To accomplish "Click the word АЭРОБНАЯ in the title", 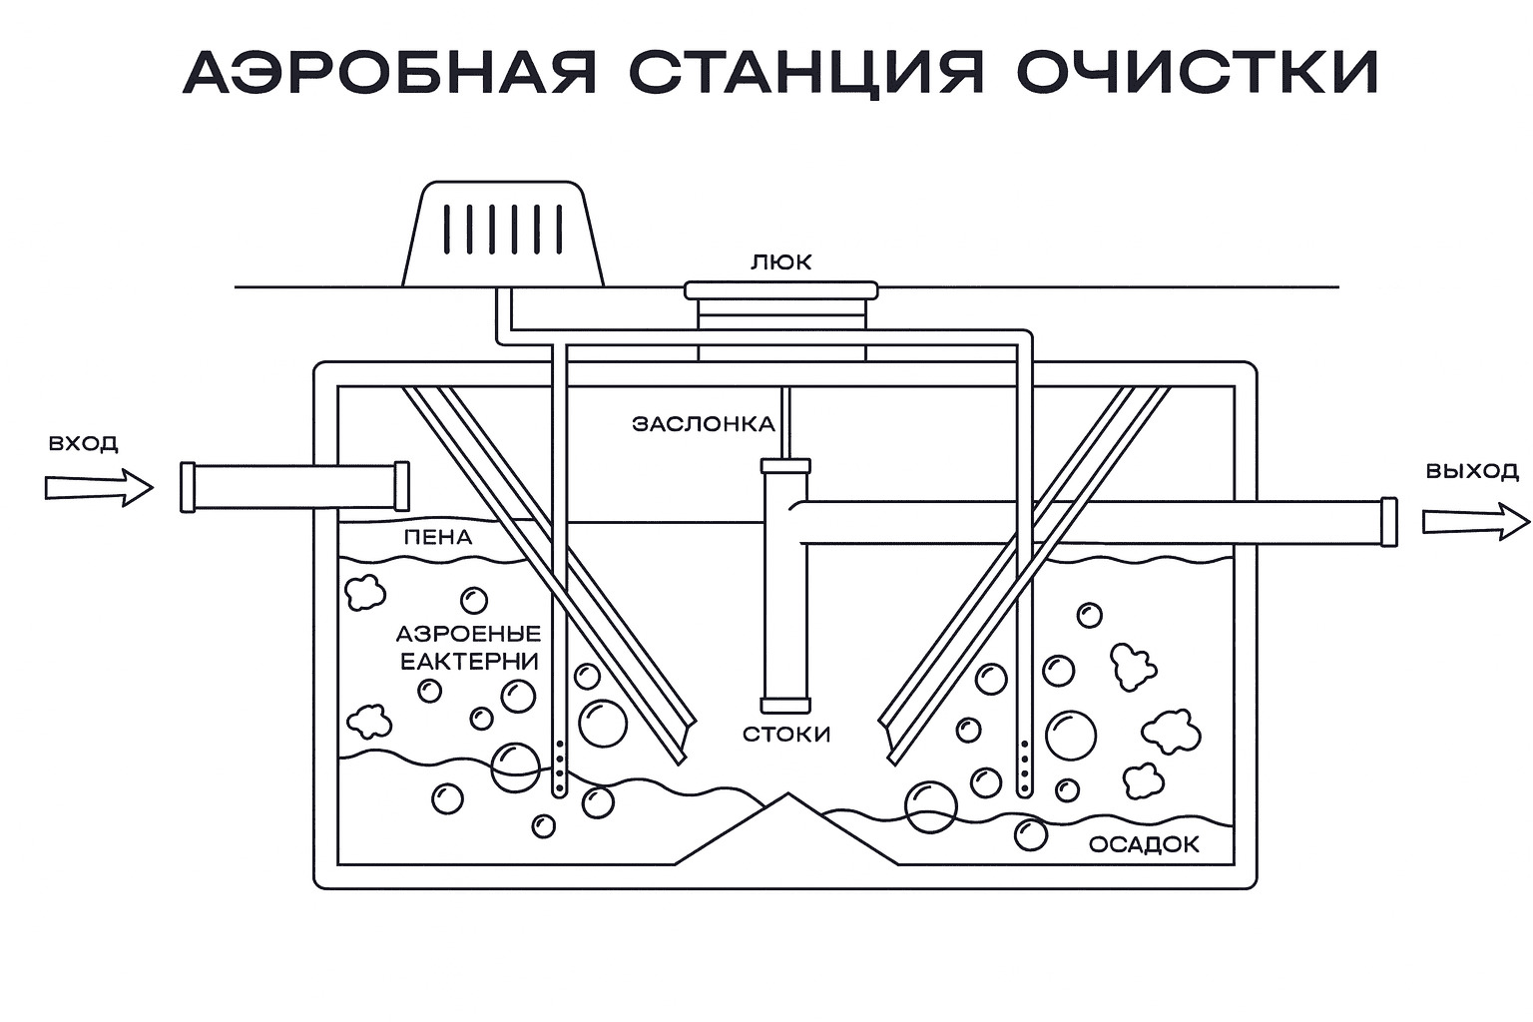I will [x=391, y=71].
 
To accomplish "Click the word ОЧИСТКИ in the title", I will [x=1198, y=71].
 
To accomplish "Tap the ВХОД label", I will [x=84, y=443].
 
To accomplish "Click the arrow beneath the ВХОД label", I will [x=98, y=488].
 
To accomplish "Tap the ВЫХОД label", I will [x=1471, y=471].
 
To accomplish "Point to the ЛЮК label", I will [x=781, y=262].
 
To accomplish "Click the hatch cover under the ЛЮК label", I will [x=781, y=290].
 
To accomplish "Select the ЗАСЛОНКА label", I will [x=704, y=424].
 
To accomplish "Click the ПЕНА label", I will [x=438, y=537].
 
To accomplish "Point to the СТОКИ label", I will [x=786, y=735].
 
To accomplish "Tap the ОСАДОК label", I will [x=1144, y=844].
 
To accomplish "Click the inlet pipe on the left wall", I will [x=295, y=487].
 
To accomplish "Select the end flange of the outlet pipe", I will [x=1387, y=522].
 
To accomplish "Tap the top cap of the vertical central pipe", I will [x=785, y=466].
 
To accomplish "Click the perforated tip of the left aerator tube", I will [x=560, y=769].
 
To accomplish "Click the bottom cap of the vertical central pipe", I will [x=785, y=705].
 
